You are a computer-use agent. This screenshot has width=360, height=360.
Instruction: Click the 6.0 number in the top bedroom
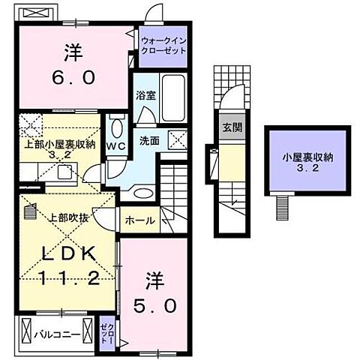pyautogui.click(x=73, y=77)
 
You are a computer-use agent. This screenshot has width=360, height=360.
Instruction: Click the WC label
pyautogui.click(x=115, y=145)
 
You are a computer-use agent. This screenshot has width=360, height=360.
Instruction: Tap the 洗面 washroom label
pyautogui.click(x=148, y=139)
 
